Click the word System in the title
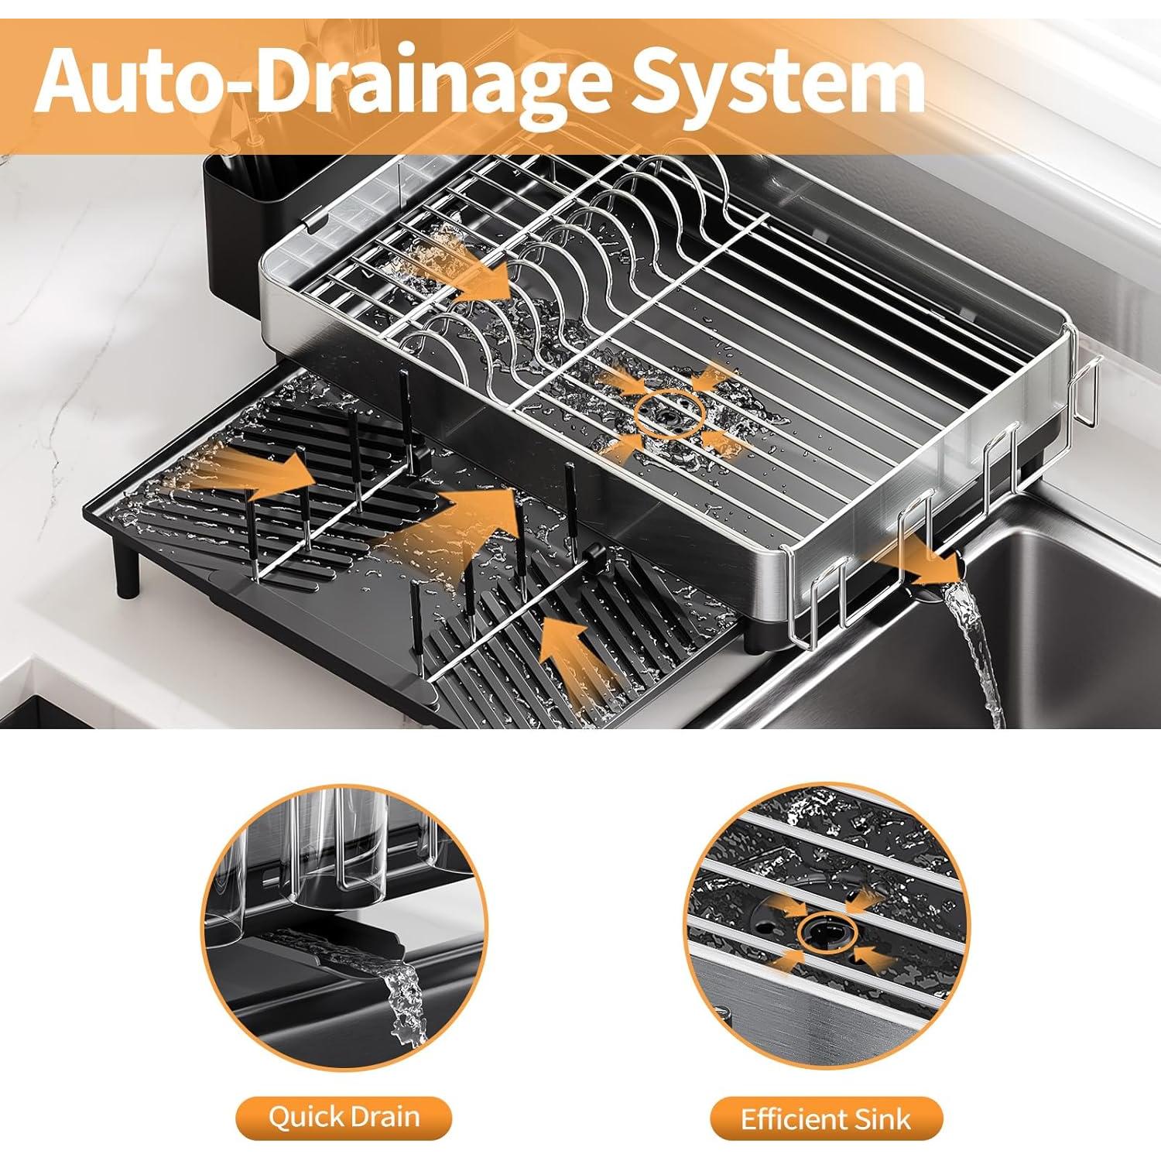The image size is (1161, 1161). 778,81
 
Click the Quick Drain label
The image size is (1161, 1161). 344,1118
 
